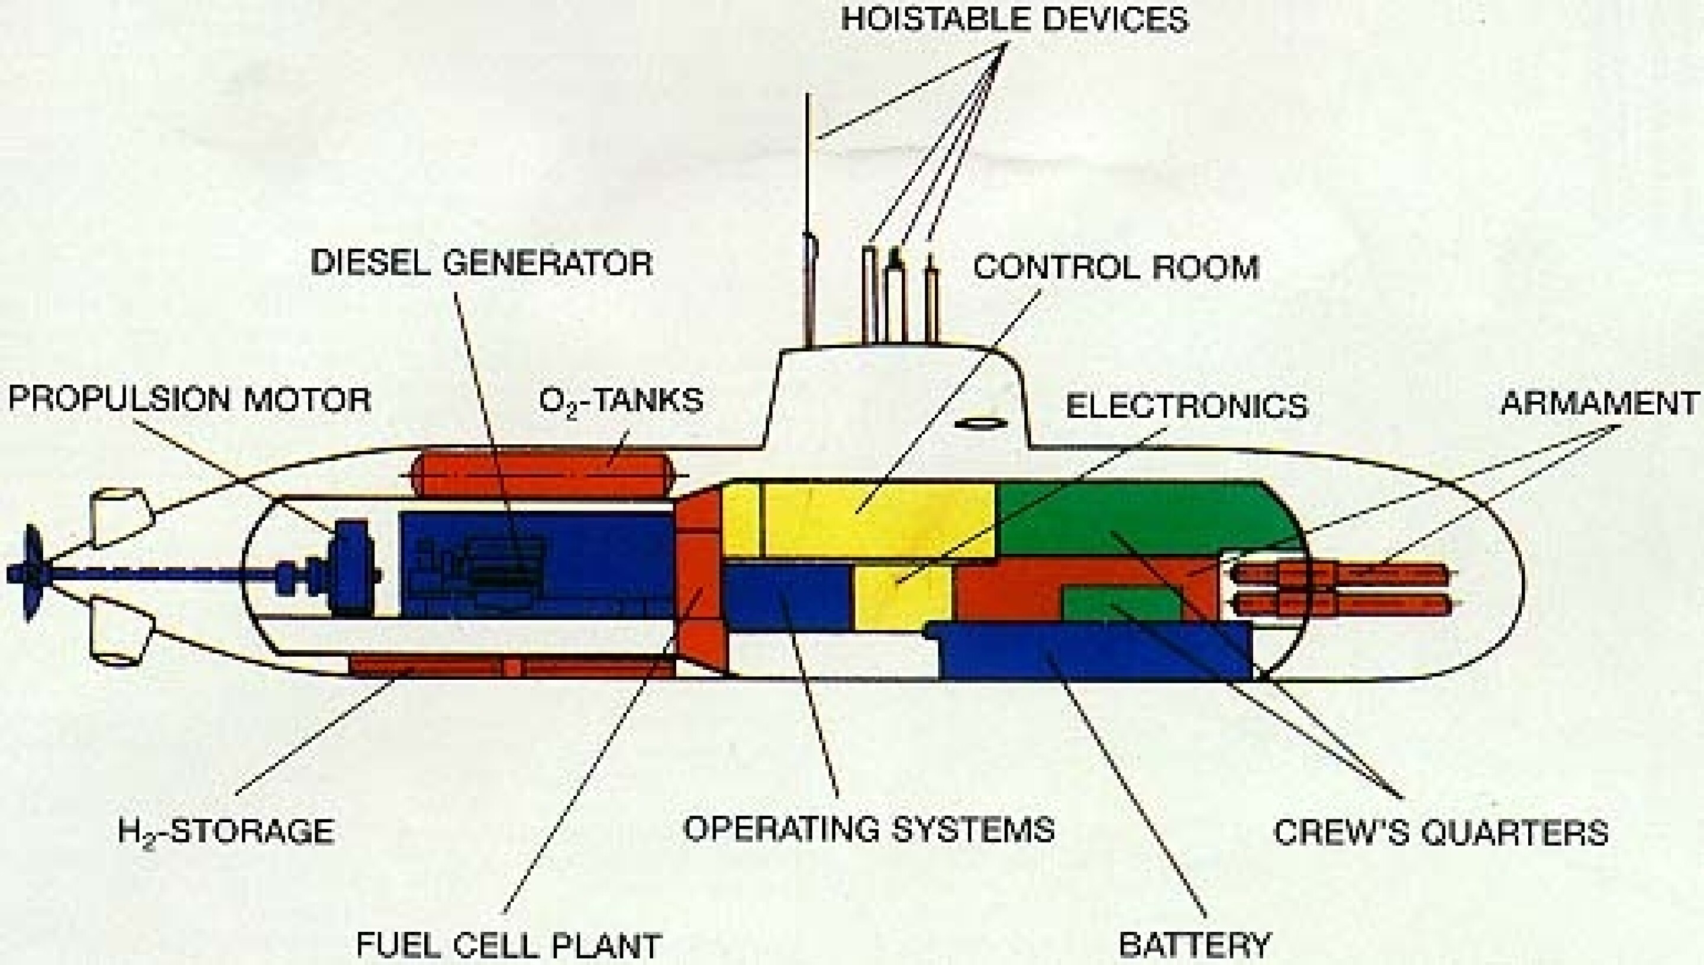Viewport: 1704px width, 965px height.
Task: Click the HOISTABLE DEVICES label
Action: [1014, 20]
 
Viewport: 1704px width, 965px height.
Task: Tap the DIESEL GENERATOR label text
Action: [482, 263]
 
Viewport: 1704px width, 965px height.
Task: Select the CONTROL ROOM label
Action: [1115, 267]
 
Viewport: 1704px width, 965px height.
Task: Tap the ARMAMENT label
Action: [1599, 402]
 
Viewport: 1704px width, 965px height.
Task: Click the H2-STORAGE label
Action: [225, 831]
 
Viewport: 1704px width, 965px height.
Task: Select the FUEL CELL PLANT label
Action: [509, 944]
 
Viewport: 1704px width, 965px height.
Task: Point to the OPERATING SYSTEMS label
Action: [868, 828]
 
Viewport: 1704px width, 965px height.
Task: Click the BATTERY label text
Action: [1195, 944]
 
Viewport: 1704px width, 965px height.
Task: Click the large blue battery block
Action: [1093, 653]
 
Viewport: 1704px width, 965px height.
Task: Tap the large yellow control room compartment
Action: [878, 518]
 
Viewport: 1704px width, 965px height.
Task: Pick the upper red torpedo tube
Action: [1339, 573]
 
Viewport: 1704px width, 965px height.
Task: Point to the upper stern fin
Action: [120, 518]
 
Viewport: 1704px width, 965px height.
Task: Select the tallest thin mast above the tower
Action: [808, 219]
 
